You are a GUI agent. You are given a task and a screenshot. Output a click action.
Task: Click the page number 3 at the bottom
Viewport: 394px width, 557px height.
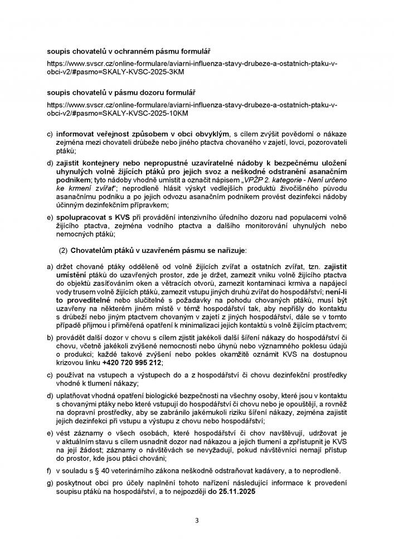click(197, 521)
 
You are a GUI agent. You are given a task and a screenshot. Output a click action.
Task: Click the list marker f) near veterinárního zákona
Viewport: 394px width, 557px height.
click(50, 471)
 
